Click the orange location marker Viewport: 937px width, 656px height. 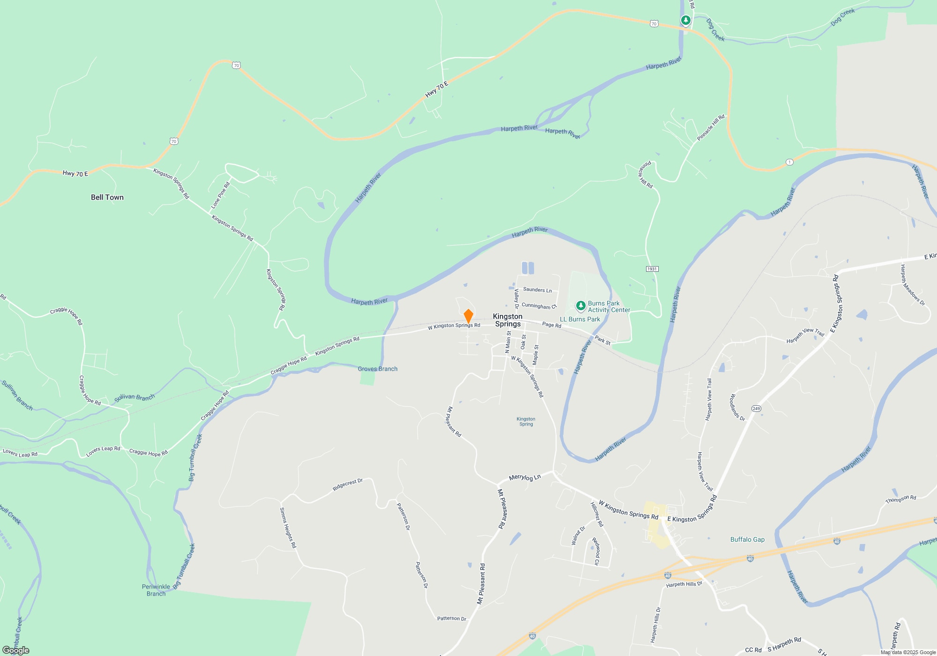tap(468, 316)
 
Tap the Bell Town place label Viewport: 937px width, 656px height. tap(107, 197)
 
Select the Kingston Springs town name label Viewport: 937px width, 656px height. tap(507, 320)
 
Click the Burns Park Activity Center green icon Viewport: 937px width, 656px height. tap(581, 306)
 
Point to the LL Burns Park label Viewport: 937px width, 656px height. tap(580, 319)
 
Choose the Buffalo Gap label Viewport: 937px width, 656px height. tap(747, 539)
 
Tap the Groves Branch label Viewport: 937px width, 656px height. tap(378, 369)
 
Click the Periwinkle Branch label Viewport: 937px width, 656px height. tap(156, 590)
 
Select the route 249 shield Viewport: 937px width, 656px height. tap(756, 409)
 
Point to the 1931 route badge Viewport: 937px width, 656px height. tap(652, 269)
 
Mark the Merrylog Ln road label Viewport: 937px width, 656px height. tap(525, 477)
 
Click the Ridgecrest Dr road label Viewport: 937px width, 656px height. tap(348, 485)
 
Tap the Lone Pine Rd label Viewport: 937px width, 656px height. tap(220, 195)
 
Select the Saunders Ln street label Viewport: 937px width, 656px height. tap(537, 290)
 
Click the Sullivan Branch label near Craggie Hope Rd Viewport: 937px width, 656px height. tap(134, 398)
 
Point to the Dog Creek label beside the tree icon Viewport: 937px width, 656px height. tap(715, 30)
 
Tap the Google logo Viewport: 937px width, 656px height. tap(16, 650)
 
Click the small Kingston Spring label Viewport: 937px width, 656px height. tap(526, 422)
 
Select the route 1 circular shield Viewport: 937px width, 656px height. tap(789, 162)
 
